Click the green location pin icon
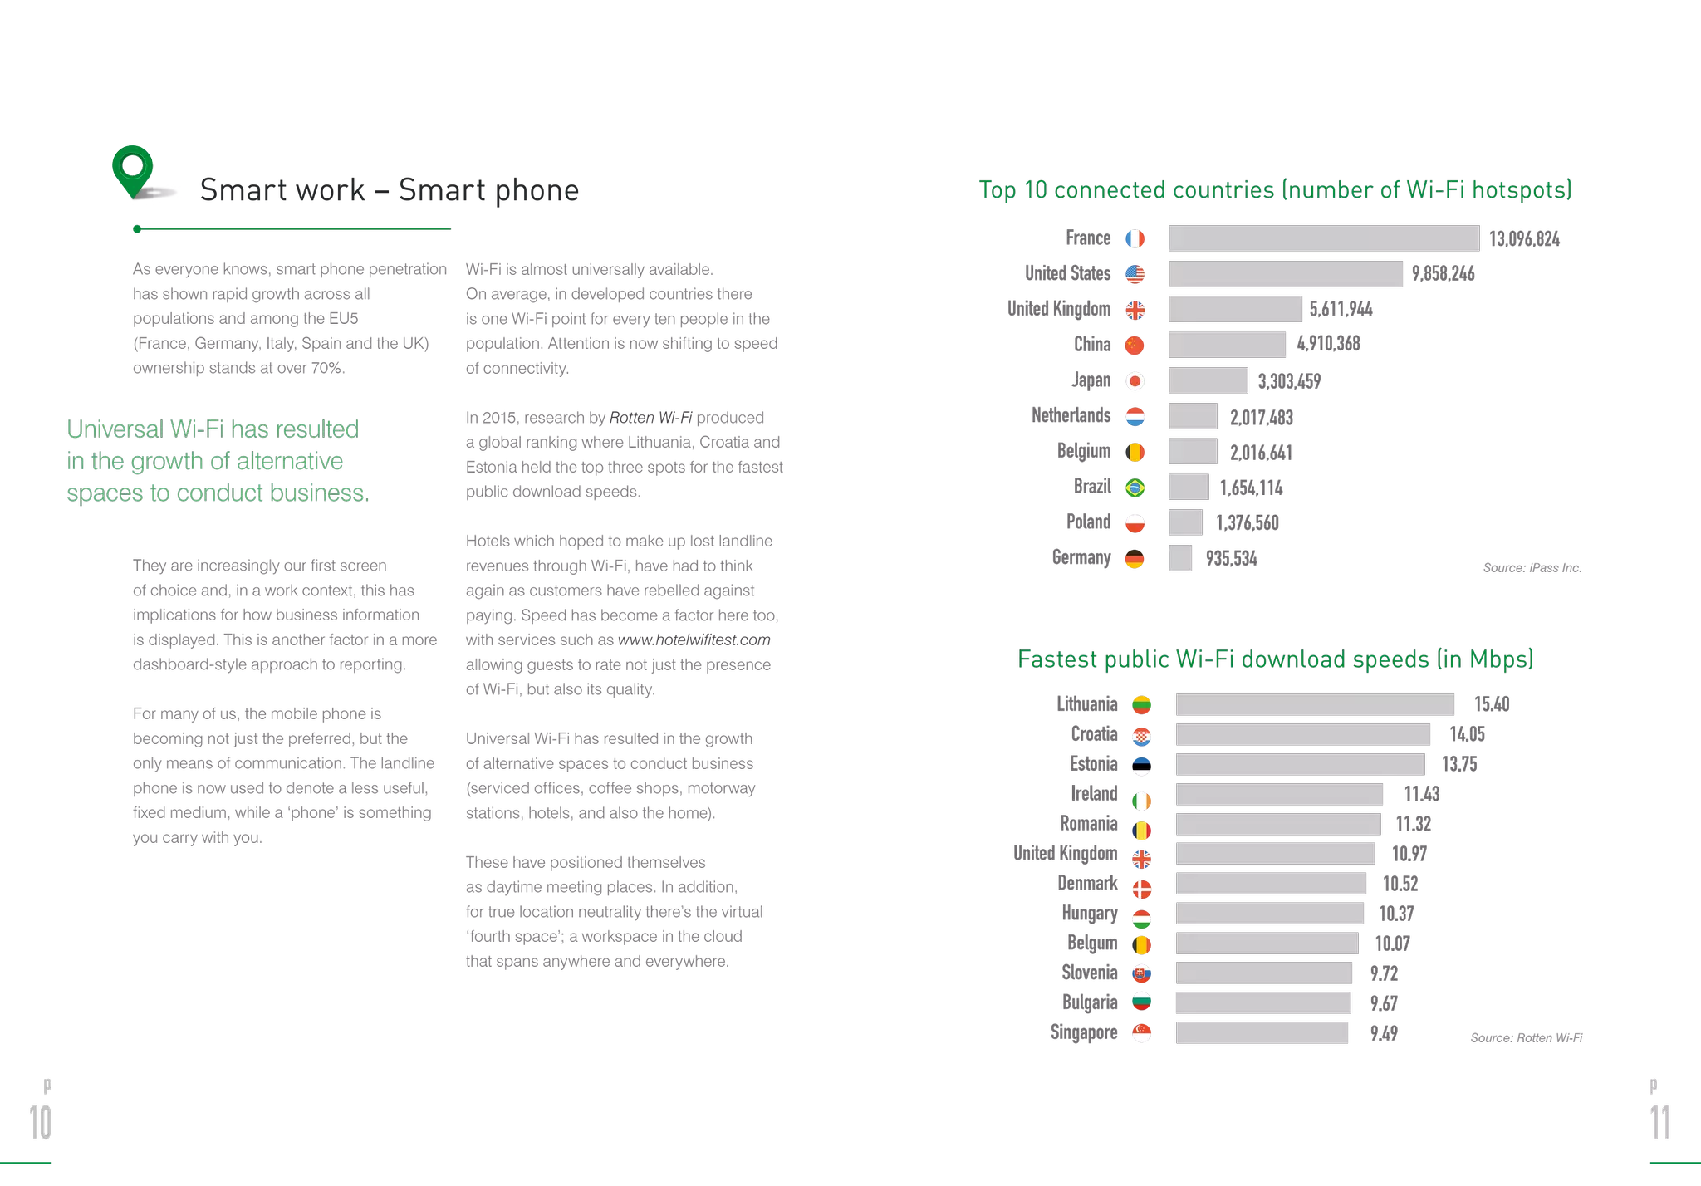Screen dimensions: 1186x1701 pyautogui.click(x=132, y=169)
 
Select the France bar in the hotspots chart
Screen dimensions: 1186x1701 pyautogui.click(x=1324, y=238)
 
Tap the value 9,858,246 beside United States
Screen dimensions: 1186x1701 pyautogui.click(x=1443, y=274)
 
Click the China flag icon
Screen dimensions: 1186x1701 pyautogui.click(x=1137, y=345)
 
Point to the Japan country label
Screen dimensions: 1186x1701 pyautogui.click(x=1090, y=380)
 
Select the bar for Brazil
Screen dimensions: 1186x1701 pyautogui.click(x=1189, y=488)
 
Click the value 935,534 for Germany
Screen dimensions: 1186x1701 pyautogui.click(x=1231, y=558)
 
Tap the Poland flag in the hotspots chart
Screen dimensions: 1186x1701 pyautogui.click(x=1137, y=523)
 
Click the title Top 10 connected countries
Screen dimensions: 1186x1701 pyautogui.click(x=1275, y=190)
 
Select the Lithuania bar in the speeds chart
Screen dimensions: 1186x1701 pyautogui.click(x=1315, y=704)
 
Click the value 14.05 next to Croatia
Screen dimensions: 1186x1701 pyautogui.click(x=1467, y=734)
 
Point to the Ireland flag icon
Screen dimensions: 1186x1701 pyautogui.click(x=1143, y=799)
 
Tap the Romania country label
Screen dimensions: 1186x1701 pyautogui.click(x=1088, y=823)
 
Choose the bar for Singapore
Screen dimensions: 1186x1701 pyautogui.click(x=1262, y=1032)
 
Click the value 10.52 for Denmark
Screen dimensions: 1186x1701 pyautogui.click(x=1400, y=884)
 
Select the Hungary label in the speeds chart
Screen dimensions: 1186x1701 pyautogui.click(x=1090, y=914)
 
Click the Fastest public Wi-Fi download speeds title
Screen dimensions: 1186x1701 pyautogui.click(x=1275, y=659)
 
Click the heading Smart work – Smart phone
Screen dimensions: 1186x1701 pyautogui.click(x=389, y=190)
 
